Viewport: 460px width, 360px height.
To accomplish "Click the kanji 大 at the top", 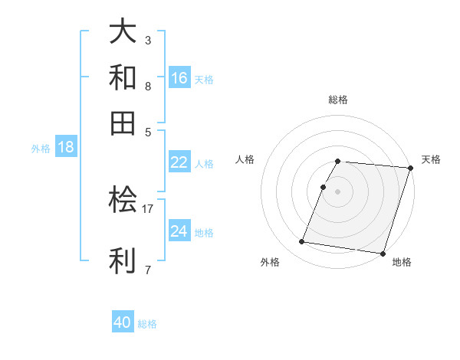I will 123,32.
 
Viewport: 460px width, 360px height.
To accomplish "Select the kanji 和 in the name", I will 123,77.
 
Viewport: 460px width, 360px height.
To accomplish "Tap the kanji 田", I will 123,123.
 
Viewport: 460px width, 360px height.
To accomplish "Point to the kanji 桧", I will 123,201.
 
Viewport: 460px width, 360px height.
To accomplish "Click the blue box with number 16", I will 179,78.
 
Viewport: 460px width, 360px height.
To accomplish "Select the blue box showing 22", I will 179,162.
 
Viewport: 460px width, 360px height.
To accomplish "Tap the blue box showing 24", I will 179,231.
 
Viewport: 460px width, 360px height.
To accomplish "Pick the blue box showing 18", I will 66,147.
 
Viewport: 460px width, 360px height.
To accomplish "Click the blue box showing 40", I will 123,322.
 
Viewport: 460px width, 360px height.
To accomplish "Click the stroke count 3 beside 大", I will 148,39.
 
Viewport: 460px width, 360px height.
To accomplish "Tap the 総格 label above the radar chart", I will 338,100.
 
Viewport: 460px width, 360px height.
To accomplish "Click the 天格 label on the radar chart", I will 431,159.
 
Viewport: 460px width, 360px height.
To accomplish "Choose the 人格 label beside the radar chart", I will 245,159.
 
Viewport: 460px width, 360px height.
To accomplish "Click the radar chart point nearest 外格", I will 302,242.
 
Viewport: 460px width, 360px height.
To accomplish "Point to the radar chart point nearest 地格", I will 382,253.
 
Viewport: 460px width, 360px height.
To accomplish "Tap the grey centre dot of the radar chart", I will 338,191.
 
